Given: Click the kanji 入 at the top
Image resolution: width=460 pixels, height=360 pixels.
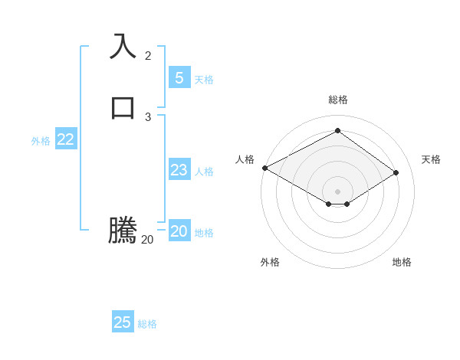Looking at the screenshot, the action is point(123,46).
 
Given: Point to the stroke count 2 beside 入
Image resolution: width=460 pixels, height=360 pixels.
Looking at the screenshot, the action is point(148,56).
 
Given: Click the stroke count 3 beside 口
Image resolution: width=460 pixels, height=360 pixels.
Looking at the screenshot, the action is point(148,117).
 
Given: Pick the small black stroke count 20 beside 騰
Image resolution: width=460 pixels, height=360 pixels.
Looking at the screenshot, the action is point(148,240).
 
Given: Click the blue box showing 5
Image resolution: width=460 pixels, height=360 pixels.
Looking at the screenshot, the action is point(179,78).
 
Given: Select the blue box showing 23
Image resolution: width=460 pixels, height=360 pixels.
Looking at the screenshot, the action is point(179,170).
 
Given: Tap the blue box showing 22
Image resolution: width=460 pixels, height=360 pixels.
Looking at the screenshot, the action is point(65,139).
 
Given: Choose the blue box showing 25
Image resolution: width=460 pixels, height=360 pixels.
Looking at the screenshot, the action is point(123,322).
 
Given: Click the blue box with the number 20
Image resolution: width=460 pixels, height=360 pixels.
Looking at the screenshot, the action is point(179,231).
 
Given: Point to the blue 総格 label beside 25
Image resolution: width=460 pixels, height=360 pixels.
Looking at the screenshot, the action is point(147,324).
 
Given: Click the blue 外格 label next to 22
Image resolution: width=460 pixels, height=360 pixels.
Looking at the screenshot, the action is point(41,141).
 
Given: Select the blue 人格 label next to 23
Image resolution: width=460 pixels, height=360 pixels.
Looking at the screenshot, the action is point(205,172).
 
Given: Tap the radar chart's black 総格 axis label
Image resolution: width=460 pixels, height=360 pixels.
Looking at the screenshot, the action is point(338,100).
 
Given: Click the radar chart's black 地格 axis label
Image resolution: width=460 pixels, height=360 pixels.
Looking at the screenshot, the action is point(402,262).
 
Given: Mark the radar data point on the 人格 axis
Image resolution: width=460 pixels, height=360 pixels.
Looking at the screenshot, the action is point(264,168).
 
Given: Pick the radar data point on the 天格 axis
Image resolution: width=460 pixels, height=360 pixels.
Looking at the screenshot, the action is point(396,172).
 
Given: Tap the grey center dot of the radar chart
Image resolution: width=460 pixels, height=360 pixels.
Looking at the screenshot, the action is point(337,191).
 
